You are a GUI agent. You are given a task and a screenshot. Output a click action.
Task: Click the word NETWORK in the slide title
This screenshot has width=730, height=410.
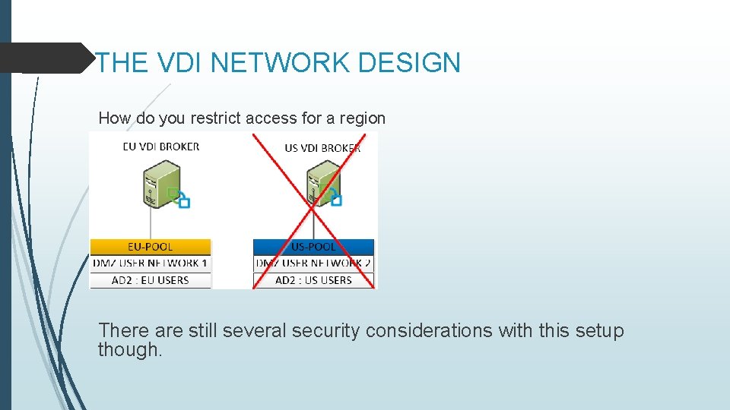coord(281,62)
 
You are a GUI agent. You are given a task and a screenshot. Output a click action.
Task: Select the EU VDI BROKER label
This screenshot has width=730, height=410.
coord(161,147)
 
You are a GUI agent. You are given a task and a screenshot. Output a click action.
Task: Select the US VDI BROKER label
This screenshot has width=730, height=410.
coord(322,148)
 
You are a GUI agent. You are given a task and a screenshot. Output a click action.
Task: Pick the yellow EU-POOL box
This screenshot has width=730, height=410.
coord(151,247)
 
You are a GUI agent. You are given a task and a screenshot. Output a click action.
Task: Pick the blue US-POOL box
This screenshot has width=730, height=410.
coord(313,247)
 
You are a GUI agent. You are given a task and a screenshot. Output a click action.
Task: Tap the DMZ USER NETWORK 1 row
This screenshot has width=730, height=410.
coord(151,263)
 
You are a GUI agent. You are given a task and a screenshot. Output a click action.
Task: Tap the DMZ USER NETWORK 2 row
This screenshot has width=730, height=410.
coord(313,263)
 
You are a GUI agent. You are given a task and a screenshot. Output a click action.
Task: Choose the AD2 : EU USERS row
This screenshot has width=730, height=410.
coord(151,280)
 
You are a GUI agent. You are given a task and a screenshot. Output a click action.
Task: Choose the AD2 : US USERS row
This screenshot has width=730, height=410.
coord(313,280)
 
